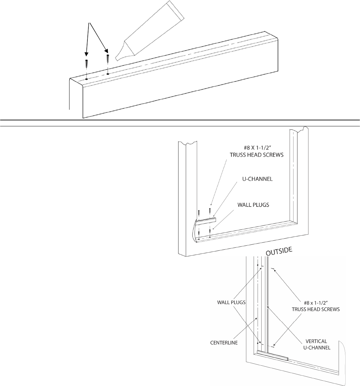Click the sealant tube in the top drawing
pos(150,31)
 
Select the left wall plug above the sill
pos(86,64)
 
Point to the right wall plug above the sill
pos(107,59)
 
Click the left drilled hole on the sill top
pos(87,79)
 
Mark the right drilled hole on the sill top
pos(108,73)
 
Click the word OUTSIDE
pos(279,251)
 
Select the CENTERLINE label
pos(224,343)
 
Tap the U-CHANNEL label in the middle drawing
pos(257,179)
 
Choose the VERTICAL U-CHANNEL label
pos(317,344)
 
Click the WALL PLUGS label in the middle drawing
pos(253,205)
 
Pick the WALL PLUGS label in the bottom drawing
pos(231,302)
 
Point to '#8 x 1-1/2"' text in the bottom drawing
pos(316,303)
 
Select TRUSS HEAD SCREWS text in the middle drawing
pos(257,155)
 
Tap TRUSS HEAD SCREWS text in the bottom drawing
pos(316,309)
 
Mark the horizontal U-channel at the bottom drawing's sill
pos(272,355)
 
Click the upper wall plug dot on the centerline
pos(258,265)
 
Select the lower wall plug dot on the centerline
pos(258,343)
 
